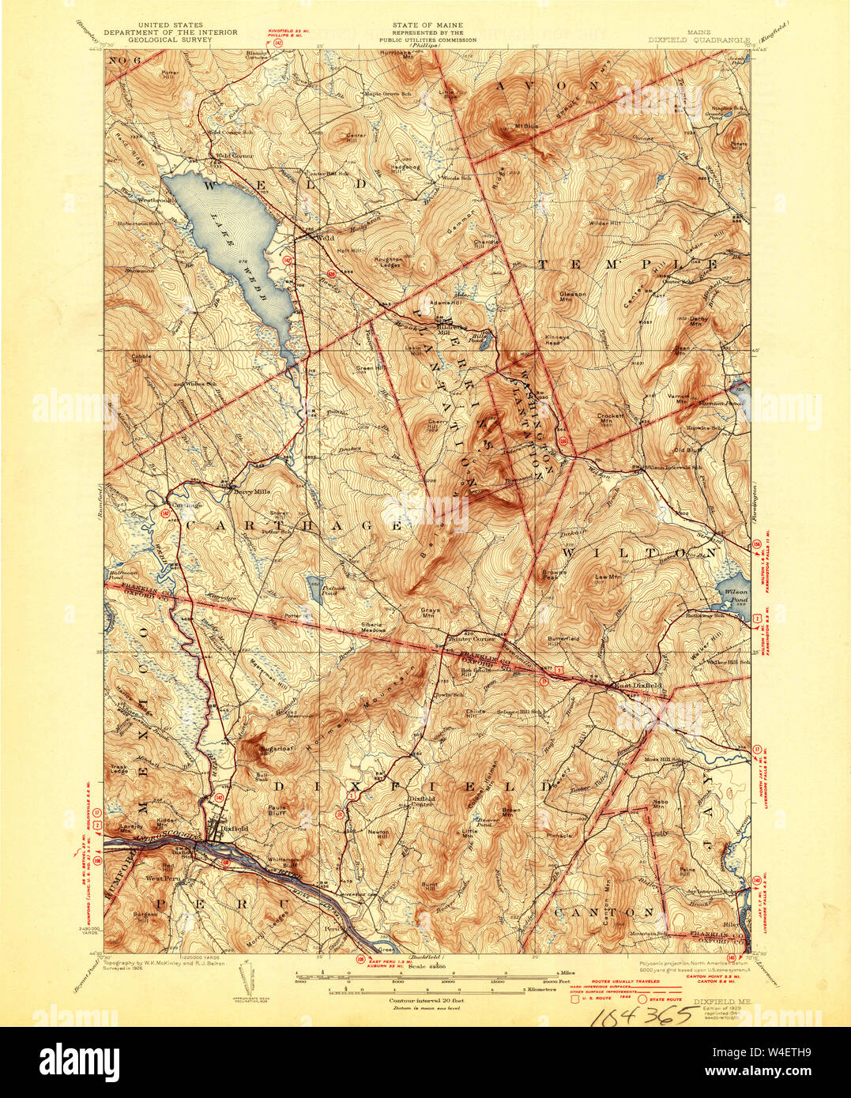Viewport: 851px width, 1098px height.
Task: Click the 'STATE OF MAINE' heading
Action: pyautogui.click(x=427, y=25)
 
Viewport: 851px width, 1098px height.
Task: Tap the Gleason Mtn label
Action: pyautogui.click(x=572, y=295)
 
